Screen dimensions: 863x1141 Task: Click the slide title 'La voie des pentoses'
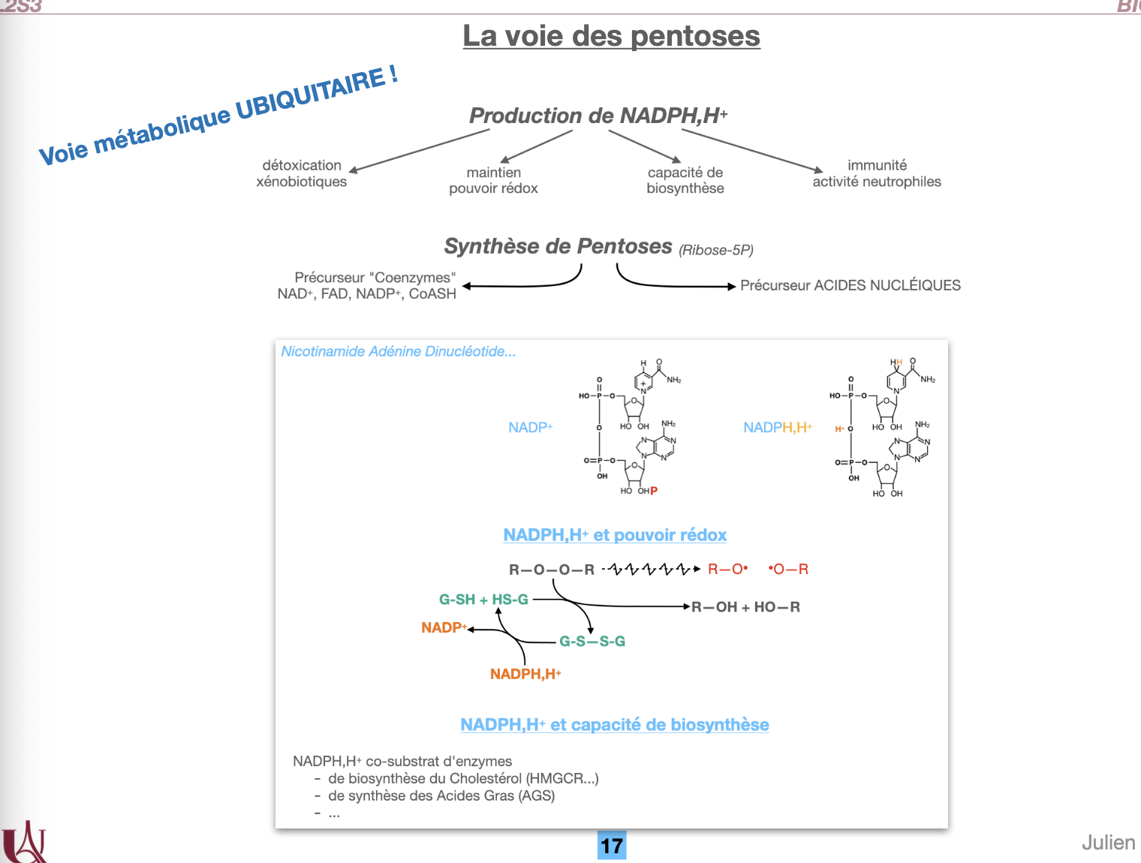(x=611, y=36)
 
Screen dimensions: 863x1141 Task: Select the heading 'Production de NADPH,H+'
(x=598, y=116)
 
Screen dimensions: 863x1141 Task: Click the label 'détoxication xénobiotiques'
(x=302, y=173)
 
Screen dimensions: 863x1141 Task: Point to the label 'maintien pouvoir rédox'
(x=493, y=180)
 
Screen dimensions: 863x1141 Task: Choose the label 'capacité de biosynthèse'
(x=685, y=180)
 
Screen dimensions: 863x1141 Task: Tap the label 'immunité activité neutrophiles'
(x=877, y=173)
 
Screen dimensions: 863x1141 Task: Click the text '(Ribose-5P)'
(x=716, y=250)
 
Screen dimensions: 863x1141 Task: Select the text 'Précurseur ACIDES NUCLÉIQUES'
(x=850, y=285)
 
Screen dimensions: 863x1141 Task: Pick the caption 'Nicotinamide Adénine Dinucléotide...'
(x=399, y=351)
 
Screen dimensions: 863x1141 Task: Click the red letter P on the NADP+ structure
(x=654, y=491)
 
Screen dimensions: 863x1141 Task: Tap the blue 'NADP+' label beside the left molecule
(x=530, y=428)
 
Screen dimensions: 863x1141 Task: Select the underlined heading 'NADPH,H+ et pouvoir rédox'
(x=615, y=535)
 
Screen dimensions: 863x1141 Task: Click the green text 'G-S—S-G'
(x=592, y=642)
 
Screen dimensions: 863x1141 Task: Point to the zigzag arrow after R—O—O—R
(x=651, y=570)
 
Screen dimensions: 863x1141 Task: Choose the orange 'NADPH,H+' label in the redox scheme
(x=525, y=674)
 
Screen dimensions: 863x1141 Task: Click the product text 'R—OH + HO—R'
(x=745, y=607)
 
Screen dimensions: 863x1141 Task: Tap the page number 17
(x=612, y=846)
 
